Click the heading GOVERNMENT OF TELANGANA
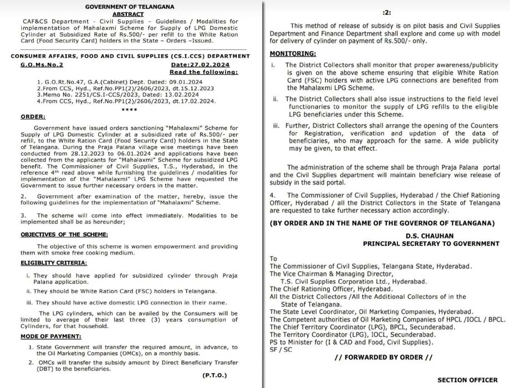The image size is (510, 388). coord(130,7)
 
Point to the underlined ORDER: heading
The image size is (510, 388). coord(33,116)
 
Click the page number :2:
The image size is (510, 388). coord(387,12)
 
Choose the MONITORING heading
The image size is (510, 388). coord(293,54)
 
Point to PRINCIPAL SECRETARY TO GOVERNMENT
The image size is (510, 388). coord(431,244)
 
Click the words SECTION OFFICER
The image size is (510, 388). coord(467,380)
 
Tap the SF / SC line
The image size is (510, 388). coord(280,350)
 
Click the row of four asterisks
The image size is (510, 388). coord(129,110)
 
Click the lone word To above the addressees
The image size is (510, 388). coord(273,259)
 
